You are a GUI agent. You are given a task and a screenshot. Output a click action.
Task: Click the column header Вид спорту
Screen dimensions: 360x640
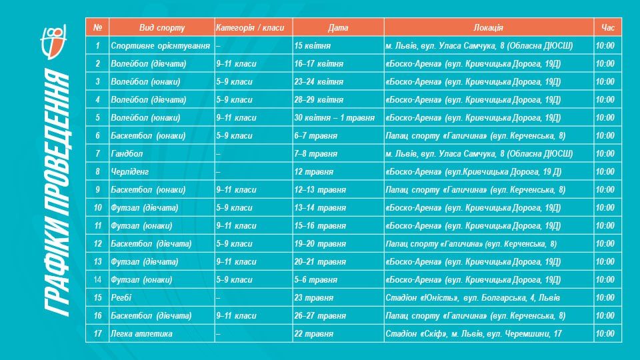click(x=161, y=27)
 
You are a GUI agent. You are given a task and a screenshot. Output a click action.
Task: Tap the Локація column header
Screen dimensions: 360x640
click(x=488, y=27)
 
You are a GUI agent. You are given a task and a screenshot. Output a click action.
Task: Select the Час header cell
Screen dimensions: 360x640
click(x=607, y=27)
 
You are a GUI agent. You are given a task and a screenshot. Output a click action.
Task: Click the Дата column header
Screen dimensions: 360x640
click(x=338, y=27)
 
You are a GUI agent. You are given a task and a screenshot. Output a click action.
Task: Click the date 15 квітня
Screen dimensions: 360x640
click(x=312, y=45)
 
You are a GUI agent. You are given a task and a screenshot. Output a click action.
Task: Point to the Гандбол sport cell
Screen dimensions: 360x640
click(x=127, y=153)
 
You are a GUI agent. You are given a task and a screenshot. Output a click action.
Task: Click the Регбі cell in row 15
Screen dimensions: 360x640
click(x=121, y=297)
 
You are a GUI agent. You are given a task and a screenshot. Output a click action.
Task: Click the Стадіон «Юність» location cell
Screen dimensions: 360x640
click(x=473, y=297)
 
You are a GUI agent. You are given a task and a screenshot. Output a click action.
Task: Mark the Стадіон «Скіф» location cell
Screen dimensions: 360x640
click(x=474, y=333)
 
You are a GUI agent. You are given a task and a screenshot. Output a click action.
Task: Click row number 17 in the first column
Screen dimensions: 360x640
click(x=97, y=333)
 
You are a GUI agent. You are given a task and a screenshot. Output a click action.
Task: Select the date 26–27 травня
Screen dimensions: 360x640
click(x=319, y=315)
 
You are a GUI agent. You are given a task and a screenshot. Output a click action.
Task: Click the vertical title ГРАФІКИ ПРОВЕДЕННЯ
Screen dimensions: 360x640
click(x=57, y=193)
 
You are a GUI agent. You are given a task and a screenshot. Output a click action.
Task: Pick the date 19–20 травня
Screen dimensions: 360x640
click(x=319, y=243)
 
